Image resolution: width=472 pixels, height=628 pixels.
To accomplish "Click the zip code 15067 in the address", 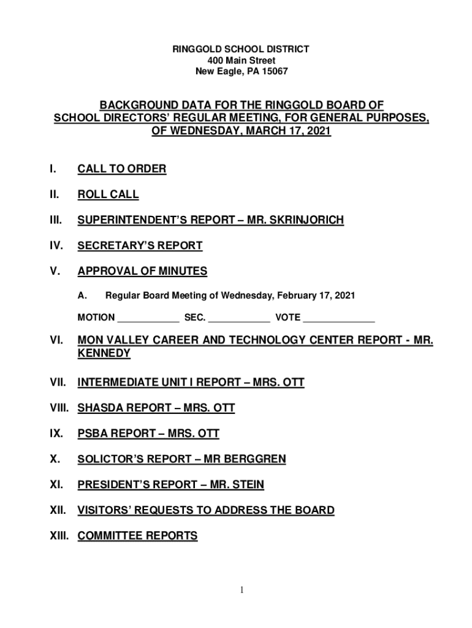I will [275, 72].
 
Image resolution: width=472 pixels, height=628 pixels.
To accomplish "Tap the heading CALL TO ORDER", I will [121, 169].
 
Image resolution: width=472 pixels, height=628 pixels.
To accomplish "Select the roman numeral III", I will [55, 220].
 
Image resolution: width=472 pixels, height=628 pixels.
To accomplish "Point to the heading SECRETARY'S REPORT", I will [140, 246].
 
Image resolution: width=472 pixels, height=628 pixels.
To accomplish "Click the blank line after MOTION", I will [148, 318].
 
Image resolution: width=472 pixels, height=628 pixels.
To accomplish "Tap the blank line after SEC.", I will [239, 318].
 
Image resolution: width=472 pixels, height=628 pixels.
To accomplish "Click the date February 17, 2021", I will [316, 296].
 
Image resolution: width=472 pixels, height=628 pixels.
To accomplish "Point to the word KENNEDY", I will [104, 354].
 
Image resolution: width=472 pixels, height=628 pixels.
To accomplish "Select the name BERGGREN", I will [256, 459].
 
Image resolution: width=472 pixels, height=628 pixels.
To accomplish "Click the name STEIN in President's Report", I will [248, 485].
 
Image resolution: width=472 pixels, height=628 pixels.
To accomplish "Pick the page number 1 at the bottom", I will [242, 590].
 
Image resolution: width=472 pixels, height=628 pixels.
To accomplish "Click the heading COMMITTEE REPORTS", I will [137, 536].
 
